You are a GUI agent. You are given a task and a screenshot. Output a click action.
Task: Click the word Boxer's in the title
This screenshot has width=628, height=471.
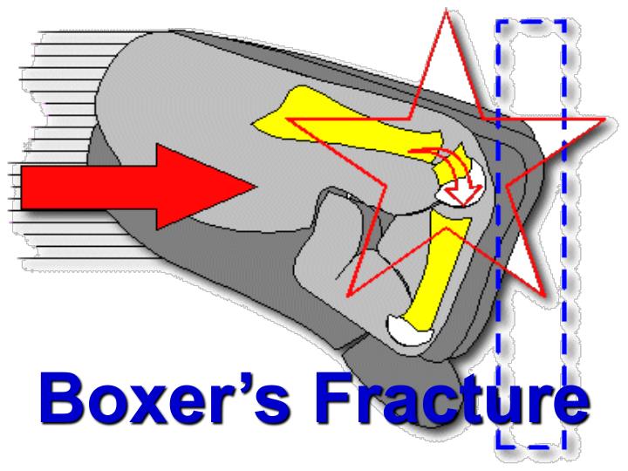click(165, 398)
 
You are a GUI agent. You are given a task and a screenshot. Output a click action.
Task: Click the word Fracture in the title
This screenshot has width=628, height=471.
click(453, 398)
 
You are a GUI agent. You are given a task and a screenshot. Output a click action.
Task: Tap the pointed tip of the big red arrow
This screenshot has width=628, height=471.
click(256, 187)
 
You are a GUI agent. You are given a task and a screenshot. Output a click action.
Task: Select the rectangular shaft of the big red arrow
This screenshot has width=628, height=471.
click(89, 188)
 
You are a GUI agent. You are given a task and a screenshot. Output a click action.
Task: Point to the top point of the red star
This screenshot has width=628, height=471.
click(447, 9)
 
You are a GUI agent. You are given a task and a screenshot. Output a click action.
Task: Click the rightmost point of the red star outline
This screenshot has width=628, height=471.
click(605, 119)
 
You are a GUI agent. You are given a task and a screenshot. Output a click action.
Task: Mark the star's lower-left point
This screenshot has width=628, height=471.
click(348, 296)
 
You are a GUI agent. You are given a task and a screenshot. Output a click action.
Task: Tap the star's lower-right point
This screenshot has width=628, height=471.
click(545, 296)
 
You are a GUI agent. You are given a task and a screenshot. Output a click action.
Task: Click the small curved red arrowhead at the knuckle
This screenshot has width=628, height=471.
click(465, 195)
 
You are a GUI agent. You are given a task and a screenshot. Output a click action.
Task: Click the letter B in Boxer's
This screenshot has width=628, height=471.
click(61, 398)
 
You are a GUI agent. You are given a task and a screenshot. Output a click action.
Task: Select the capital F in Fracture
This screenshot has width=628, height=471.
click(337, 398)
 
